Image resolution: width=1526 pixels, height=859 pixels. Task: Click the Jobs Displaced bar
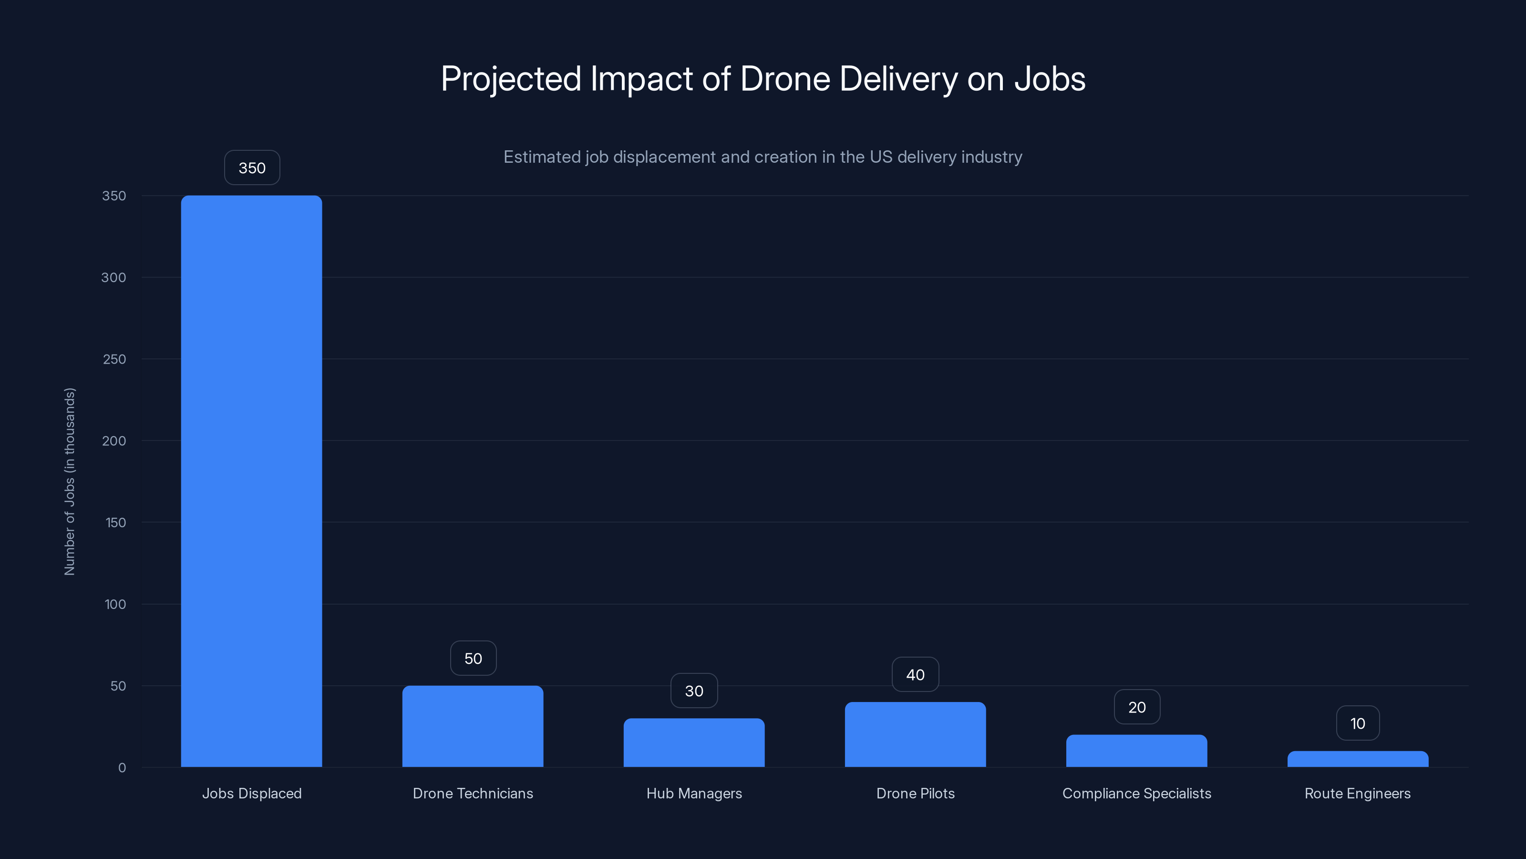(x=251, y=481)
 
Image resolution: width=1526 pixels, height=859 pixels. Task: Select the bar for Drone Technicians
(x=473, y=726)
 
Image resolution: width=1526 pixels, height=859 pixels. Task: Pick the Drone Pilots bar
(x=915, y=734)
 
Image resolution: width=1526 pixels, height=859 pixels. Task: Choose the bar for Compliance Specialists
(x=1136, y=751)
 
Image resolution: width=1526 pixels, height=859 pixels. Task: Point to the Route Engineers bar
(x=1357, y=759)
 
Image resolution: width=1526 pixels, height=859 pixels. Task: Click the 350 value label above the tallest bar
(x=252, y=168)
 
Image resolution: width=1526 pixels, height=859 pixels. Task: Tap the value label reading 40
(x=915, y=675)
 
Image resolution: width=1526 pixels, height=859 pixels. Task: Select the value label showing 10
(x=1357, y=723)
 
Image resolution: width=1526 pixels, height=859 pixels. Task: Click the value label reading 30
(x=694, y=691)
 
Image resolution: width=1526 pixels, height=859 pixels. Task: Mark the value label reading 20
(x=1136, y=707)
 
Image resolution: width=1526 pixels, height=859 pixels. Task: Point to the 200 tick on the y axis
(x=114, y=440)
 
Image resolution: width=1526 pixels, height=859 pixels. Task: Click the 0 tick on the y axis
(x=122, y=768)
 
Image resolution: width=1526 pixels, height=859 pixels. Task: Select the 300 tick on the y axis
(x=114, y=277)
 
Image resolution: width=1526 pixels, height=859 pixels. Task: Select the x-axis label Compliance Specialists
(x=1136, y=793)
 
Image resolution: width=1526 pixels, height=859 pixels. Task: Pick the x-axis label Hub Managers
(x=694, y=793)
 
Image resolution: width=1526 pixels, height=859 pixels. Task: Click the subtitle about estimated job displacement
(x=763, y=157)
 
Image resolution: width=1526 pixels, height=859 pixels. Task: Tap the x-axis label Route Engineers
(x=1357, y=793)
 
